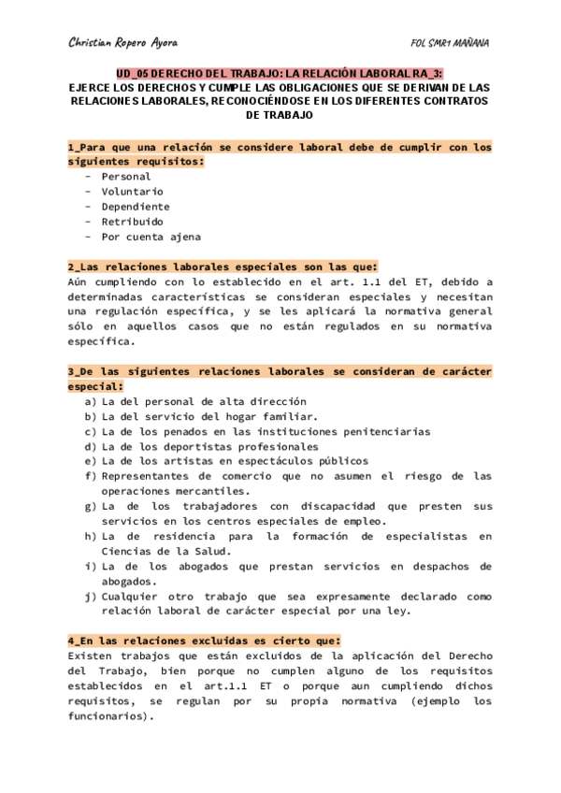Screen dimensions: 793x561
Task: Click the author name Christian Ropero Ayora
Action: coord(123,43)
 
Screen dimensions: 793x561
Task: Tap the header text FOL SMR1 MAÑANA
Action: coord(451,43)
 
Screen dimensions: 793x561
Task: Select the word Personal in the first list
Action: coord(125,177)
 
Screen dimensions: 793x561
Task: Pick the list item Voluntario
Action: coord(132,192)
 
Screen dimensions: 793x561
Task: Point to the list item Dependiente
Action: coord(136,207)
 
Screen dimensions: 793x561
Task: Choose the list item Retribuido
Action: coord(132,222)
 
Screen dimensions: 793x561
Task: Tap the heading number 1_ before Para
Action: coord(75,148)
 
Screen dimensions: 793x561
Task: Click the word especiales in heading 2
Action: coord(252,267)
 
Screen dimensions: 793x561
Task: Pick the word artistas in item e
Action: coord(189,461)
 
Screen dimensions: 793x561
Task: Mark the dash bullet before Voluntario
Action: coord(88,192)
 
